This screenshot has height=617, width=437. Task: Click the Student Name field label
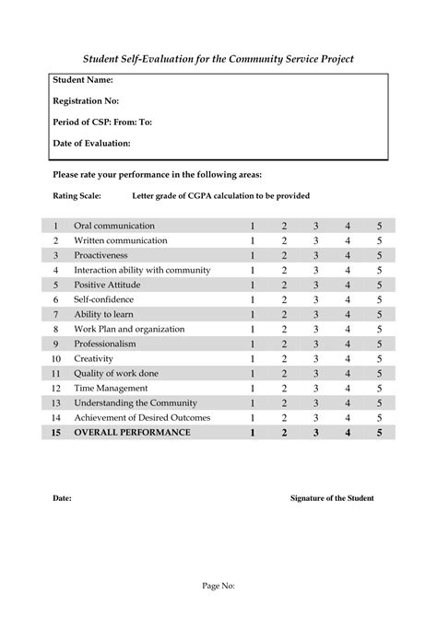click(x=83, y=80)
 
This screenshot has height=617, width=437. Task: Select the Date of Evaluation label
click(x=91, y=143)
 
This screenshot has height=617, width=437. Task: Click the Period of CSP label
click(x=102, y=122)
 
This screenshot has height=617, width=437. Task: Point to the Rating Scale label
click(x=77, y=195)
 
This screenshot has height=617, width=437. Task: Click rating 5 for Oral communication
click(x=378, y=226)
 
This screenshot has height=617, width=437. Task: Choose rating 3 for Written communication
click(x=315, y=240)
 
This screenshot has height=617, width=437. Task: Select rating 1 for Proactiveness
click(x=253, y=255)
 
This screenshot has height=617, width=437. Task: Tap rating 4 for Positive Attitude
click(x=348, y=285)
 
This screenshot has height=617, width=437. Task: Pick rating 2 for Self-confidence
click(x=284, y=299)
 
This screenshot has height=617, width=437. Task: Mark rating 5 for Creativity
click(x=378, y=358)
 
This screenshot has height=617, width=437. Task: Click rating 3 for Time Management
click(x=315, y=388)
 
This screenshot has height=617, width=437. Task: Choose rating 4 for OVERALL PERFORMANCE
click(x=348, y=432)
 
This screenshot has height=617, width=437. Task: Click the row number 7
click(x=55, y=314)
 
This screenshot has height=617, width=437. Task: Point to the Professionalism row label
click(x=105, y=343)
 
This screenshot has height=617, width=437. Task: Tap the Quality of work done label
click(x=116, y=373)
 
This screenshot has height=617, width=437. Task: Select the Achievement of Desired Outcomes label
click(x=142, y=417)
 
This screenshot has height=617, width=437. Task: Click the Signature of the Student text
click(x=332, y=498)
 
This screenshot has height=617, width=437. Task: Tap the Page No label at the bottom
click(x=218, y=585)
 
